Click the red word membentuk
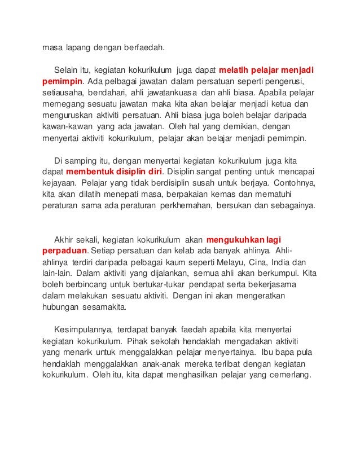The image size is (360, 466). [x=91, y=171]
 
